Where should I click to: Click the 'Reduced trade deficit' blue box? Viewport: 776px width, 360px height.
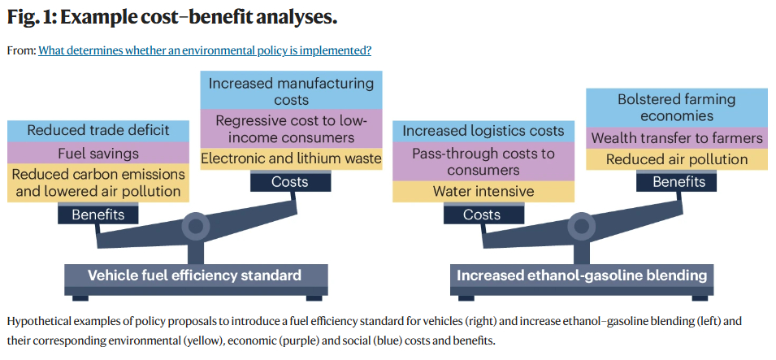click(x=98, y=130)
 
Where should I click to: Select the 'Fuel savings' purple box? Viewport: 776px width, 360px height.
click(x=98, y=153)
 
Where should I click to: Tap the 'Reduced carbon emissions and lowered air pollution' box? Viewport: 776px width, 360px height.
click(x=98, y=183)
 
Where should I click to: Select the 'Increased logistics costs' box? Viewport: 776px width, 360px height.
click(x=483, y=131)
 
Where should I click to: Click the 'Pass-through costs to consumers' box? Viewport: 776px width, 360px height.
click(x=483, y=161)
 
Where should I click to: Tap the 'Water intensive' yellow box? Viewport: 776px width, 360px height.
click(x=483, y=192)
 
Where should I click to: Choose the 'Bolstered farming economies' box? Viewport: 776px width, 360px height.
click(x=676, y=107)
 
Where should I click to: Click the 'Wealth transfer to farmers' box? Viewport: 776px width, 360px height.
click(x=676, y=137)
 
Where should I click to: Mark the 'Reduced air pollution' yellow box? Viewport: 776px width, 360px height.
click(x=676, y=159)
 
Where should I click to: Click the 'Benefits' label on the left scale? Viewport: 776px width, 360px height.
click(x=98, y=215)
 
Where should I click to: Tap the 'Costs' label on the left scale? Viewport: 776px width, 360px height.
click(x=290, y=182)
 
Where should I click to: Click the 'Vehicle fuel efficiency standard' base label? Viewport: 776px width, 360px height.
click(x=194, y=275)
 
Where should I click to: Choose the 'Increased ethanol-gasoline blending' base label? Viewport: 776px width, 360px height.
click(x=581, y=275)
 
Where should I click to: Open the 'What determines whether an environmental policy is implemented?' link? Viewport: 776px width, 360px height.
click(x=205, y=50)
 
